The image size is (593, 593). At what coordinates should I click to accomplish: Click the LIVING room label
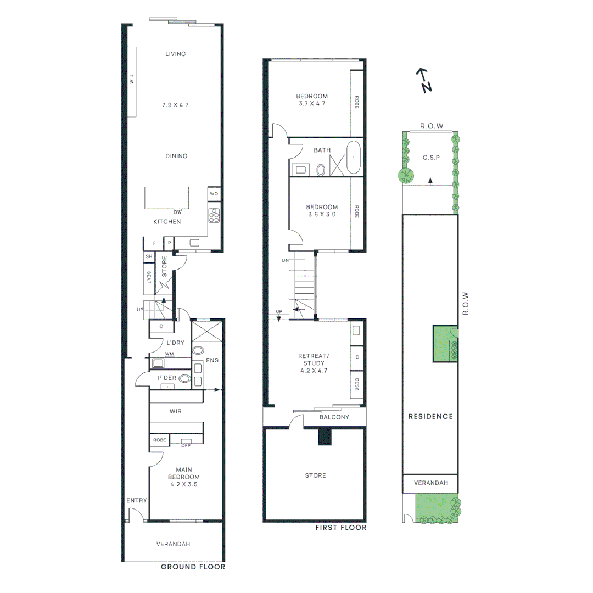(x=176, y=54)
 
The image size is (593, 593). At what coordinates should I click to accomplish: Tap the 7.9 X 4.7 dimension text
(x=176, y=104)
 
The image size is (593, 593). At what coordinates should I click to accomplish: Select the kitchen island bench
(x=166, y=198)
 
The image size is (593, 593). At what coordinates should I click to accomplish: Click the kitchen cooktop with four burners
(x=214, y=216)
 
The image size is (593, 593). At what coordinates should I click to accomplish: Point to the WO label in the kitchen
(x=214, y=193)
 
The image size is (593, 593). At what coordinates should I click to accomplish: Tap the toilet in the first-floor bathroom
(x=322, y=170)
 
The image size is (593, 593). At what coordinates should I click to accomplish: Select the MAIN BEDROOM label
(x=187, y=477)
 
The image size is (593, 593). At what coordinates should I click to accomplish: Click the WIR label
(x=176, y=411)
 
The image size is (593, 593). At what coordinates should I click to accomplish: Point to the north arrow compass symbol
(x=423, y=80)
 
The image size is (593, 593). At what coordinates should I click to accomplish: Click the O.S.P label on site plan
(x=429, y=158)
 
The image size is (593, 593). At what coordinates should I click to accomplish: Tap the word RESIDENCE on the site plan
(x=430, y=416)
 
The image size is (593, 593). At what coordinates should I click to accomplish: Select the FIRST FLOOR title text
(x=340, y=528)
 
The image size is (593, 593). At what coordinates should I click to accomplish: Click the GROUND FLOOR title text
(x=193, y=567)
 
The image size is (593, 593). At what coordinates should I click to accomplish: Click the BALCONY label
(x=334, y=417)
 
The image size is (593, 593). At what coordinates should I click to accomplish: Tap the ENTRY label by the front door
(x=137, y=500)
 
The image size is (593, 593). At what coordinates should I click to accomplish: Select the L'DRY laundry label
(x=176, y=343)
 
